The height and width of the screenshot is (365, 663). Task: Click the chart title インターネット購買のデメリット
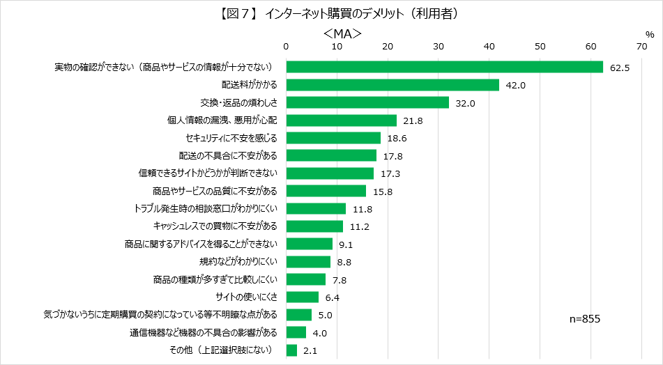click(331, 12)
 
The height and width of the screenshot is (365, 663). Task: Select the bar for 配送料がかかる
click(393, 85)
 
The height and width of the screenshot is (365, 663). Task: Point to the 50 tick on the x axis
click(540, 47)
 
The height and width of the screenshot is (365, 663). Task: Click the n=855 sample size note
click(585, 318)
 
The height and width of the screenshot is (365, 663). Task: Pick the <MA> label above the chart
click(342, 33)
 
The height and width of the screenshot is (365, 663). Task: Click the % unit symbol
click(650, 33)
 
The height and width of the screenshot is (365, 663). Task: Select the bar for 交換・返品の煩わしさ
click(367, 102)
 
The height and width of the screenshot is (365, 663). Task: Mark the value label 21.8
click(413, 121)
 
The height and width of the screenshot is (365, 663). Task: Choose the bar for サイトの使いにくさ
click(302, 297)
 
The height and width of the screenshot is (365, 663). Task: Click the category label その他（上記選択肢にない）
click(220, 350)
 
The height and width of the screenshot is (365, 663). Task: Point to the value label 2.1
click(312, 350)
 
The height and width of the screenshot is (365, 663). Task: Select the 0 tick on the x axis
click(286, 47)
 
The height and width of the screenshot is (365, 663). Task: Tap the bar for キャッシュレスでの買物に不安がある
click(314, 226)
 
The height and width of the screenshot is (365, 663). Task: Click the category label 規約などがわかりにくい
click(238, 262)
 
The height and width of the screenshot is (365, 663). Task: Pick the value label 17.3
click(390, 173)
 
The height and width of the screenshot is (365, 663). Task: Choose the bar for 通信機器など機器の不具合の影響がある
click(296, 332)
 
